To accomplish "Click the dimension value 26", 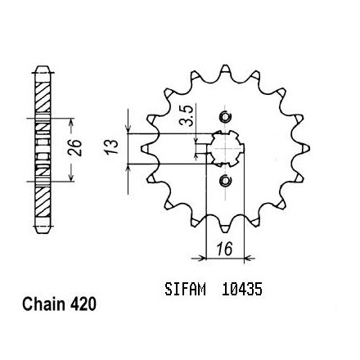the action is pos(75,147).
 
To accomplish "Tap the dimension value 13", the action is pos(112,146).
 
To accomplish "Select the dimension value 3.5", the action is pos(187,115).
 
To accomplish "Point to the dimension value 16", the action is pos(225,249).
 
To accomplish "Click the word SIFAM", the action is pos(185,290).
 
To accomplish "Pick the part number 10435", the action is pos(242,290).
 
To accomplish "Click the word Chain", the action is pos(44,304).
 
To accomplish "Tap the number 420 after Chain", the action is pos(83,304).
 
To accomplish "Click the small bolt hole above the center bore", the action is pos(225,117).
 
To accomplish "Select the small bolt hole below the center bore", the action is pos(225,180).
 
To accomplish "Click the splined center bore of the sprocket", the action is pos(225,149).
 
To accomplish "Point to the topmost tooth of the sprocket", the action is pos(225,69).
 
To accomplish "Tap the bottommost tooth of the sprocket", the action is pos(225,228).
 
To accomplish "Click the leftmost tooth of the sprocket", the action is pos(146,149).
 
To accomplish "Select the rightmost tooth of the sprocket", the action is pos(305,149).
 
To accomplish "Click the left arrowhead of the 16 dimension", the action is pos(201,258).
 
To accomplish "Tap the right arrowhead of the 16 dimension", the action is pos(249,258).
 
